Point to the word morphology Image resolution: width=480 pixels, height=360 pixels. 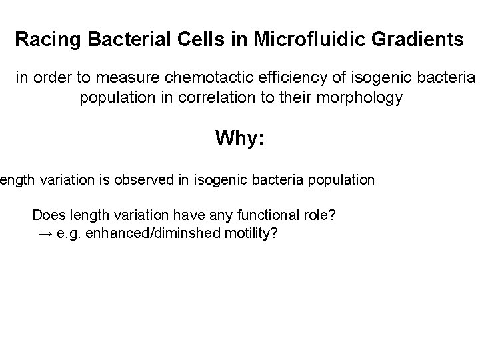[366, 98]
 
